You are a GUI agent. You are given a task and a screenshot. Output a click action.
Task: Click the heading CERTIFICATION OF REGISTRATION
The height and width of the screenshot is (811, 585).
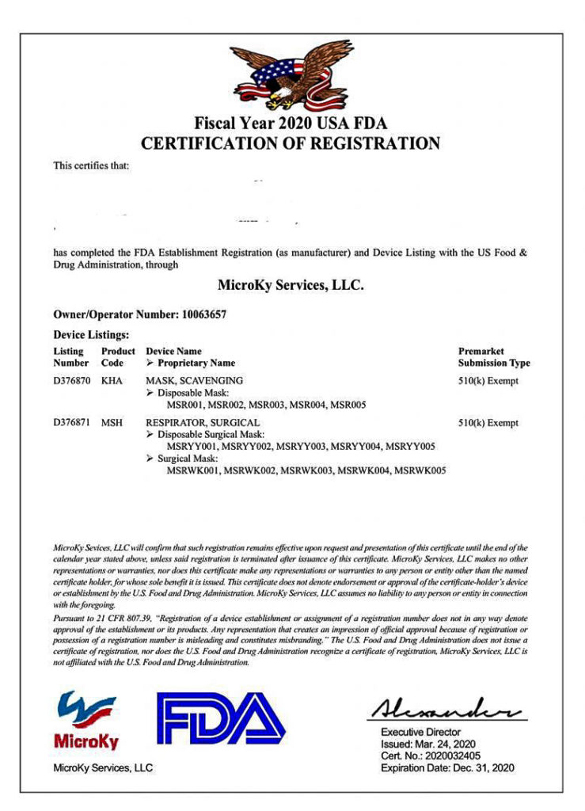(290, 143)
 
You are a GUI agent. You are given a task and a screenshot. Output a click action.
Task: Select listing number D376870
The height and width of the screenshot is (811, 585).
(71, 380)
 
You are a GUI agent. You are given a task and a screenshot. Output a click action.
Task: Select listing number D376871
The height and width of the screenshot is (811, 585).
(71, 423)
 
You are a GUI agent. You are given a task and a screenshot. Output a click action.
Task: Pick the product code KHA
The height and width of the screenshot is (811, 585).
(112, 380)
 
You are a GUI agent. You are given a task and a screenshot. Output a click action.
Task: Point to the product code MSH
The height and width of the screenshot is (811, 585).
(112, 423)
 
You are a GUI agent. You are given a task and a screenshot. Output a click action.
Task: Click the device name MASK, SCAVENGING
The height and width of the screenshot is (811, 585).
(195, 380)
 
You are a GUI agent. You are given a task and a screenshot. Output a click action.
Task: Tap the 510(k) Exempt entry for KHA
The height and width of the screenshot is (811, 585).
(488, 380)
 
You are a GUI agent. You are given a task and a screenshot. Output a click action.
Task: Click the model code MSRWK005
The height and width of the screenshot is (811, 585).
(420, 470)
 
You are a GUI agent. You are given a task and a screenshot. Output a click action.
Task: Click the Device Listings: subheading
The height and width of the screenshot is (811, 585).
(91, 335)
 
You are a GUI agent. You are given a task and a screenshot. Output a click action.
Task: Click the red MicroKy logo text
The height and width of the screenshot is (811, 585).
(86, 742)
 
